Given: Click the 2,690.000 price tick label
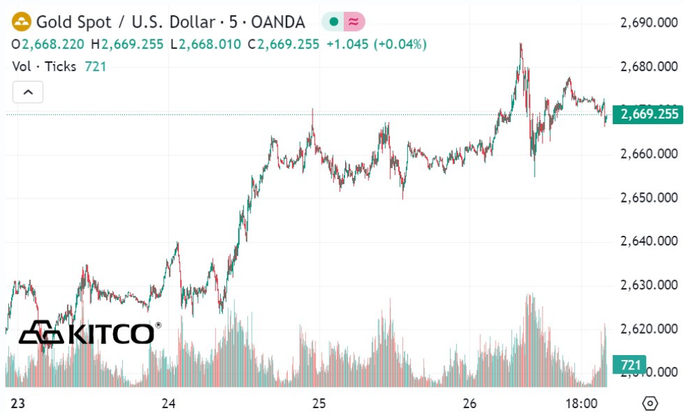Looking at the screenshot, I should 649,23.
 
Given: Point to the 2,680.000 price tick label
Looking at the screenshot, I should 649,67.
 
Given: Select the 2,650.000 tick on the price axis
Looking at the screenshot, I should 649,198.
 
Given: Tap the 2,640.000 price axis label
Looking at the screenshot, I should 649,241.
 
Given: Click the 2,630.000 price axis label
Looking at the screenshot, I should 649,285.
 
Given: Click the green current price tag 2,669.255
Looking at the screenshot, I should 649,114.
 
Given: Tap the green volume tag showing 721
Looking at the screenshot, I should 629,364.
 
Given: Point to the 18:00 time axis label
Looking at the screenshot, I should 581,403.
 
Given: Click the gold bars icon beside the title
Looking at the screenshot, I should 21,22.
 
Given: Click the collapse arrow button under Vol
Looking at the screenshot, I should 28,92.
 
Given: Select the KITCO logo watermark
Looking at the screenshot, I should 89,333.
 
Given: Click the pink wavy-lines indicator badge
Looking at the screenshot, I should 354,22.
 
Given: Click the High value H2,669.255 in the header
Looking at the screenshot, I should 133,44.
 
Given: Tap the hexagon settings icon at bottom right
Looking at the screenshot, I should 649,403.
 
